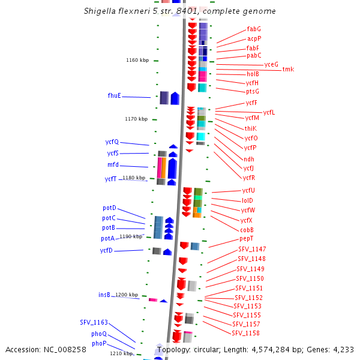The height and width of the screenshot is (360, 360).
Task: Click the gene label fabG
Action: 254,29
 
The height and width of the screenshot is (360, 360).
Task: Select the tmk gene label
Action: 289,70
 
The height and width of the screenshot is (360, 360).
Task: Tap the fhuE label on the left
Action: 114,96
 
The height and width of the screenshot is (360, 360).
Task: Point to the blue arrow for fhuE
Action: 175,98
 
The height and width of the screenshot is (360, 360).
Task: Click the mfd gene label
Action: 113,165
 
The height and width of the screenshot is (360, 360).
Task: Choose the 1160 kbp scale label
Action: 136,61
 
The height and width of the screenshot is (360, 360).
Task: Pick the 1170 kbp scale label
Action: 136,119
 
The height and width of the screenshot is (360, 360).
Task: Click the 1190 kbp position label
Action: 131,236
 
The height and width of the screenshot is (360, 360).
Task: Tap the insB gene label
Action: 104,295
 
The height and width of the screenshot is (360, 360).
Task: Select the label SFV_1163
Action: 94,322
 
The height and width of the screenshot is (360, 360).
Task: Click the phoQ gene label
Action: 99,334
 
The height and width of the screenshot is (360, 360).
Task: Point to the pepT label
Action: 247,239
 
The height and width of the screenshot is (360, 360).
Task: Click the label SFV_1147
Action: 252,249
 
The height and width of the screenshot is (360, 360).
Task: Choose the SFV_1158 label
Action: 245,333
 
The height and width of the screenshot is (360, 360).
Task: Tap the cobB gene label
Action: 247,230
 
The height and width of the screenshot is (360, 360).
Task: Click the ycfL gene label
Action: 269,112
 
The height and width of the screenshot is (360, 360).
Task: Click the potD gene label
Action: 109,208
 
